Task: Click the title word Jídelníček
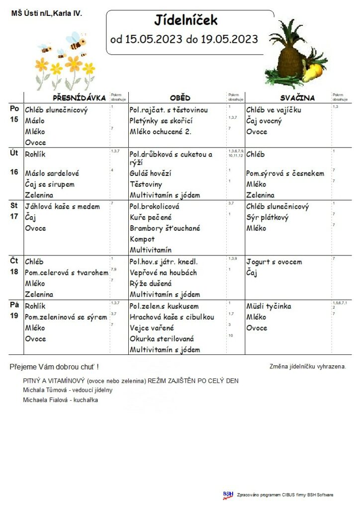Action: [186, 21]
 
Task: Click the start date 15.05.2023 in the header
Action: [153, 39]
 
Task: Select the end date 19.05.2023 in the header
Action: [229, 39]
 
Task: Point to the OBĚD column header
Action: [180, 98]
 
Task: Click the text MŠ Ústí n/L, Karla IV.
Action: [46, 13]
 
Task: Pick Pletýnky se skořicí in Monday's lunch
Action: [160, 121]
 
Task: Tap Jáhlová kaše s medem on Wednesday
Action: [62, 206]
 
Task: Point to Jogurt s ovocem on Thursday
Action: [274, 262]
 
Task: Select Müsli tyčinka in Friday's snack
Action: [269, 306]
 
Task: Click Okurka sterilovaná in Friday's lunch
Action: [162, 339]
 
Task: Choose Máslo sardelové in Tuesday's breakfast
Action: [52, 173]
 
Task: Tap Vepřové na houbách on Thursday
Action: [163, 273]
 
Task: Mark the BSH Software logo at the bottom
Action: [228, 495]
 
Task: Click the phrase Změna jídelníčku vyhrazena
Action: [307, 367]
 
